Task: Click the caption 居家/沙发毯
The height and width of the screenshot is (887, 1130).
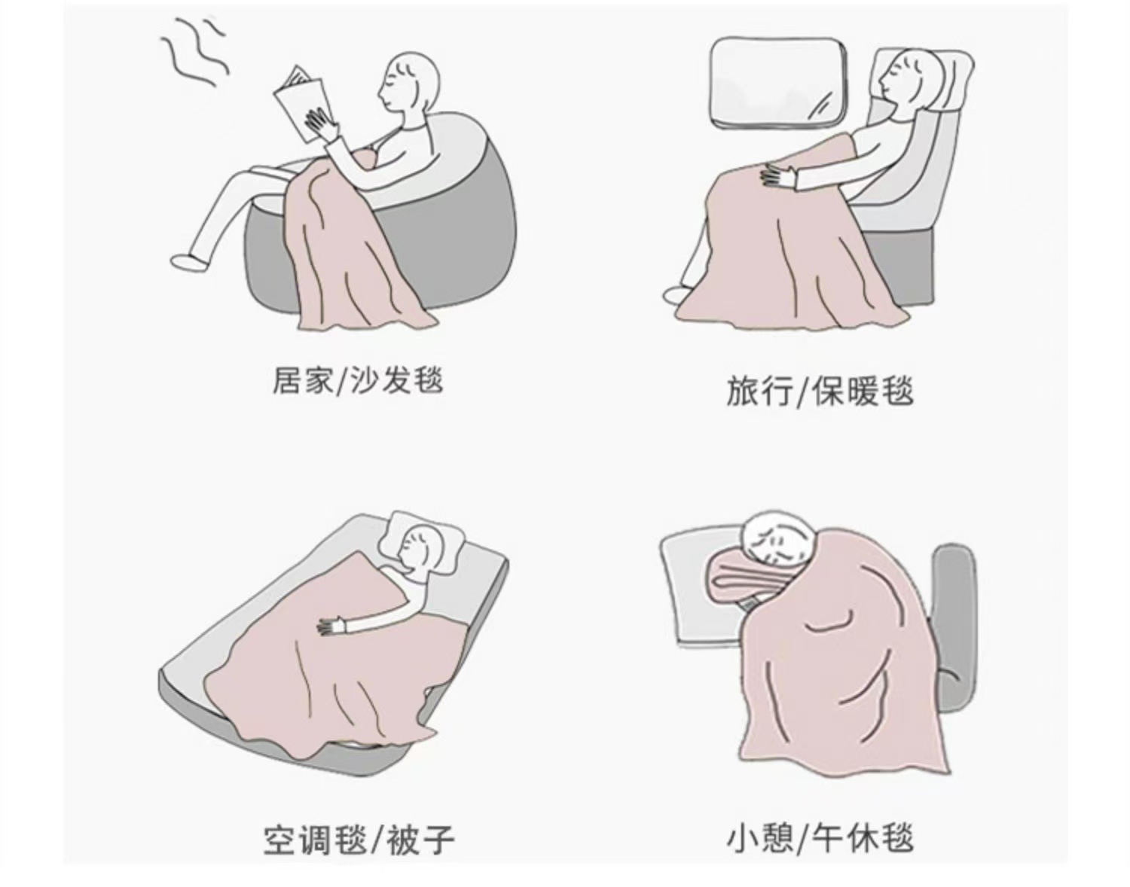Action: coord(358,381)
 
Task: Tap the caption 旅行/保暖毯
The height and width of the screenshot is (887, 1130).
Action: coord(820,391)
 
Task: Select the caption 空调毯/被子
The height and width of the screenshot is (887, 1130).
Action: coord(359,840)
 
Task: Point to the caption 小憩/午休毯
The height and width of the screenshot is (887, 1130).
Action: coord(820,838)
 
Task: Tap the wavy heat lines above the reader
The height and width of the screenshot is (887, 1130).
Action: coord(195,53)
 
